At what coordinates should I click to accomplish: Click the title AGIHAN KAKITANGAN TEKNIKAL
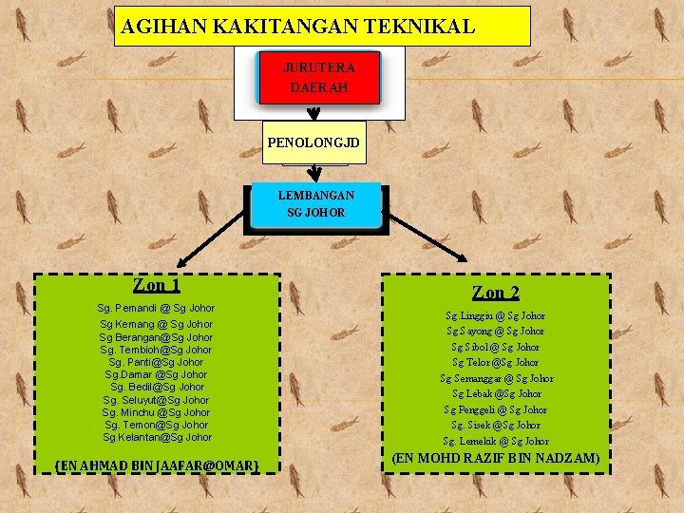point(297,27)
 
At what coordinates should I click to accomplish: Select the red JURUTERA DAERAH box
point(318,77)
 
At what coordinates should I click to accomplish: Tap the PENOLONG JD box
point(313,142)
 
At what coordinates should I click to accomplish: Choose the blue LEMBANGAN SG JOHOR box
point(316,203)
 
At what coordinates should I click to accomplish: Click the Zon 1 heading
point(157,285)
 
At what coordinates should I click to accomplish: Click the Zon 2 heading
point(495,293)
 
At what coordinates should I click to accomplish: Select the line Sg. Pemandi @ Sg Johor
point(157,308)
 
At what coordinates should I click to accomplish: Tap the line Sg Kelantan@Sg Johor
point(157,437)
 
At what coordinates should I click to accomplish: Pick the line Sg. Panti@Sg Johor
point(157,362)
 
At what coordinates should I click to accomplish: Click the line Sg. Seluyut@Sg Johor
point(157,400)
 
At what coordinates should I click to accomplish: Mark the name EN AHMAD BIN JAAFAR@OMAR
point(157,465)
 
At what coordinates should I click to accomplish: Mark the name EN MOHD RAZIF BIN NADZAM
point(496,458)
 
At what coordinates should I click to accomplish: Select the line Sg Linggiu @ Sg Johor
point(496,315)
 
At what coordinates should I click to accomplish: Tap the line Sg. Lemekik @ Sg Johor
point(496,441)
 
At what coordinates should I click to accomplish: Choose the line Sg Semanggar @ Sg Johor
point(496,378)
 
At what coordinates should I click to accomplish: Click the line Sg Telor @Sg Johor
point(496,362)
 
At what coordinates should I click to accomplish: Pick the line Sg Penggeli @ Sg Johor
point(496,409)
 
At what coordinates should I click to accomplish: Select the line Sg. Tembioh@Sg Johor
point(157,350)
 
